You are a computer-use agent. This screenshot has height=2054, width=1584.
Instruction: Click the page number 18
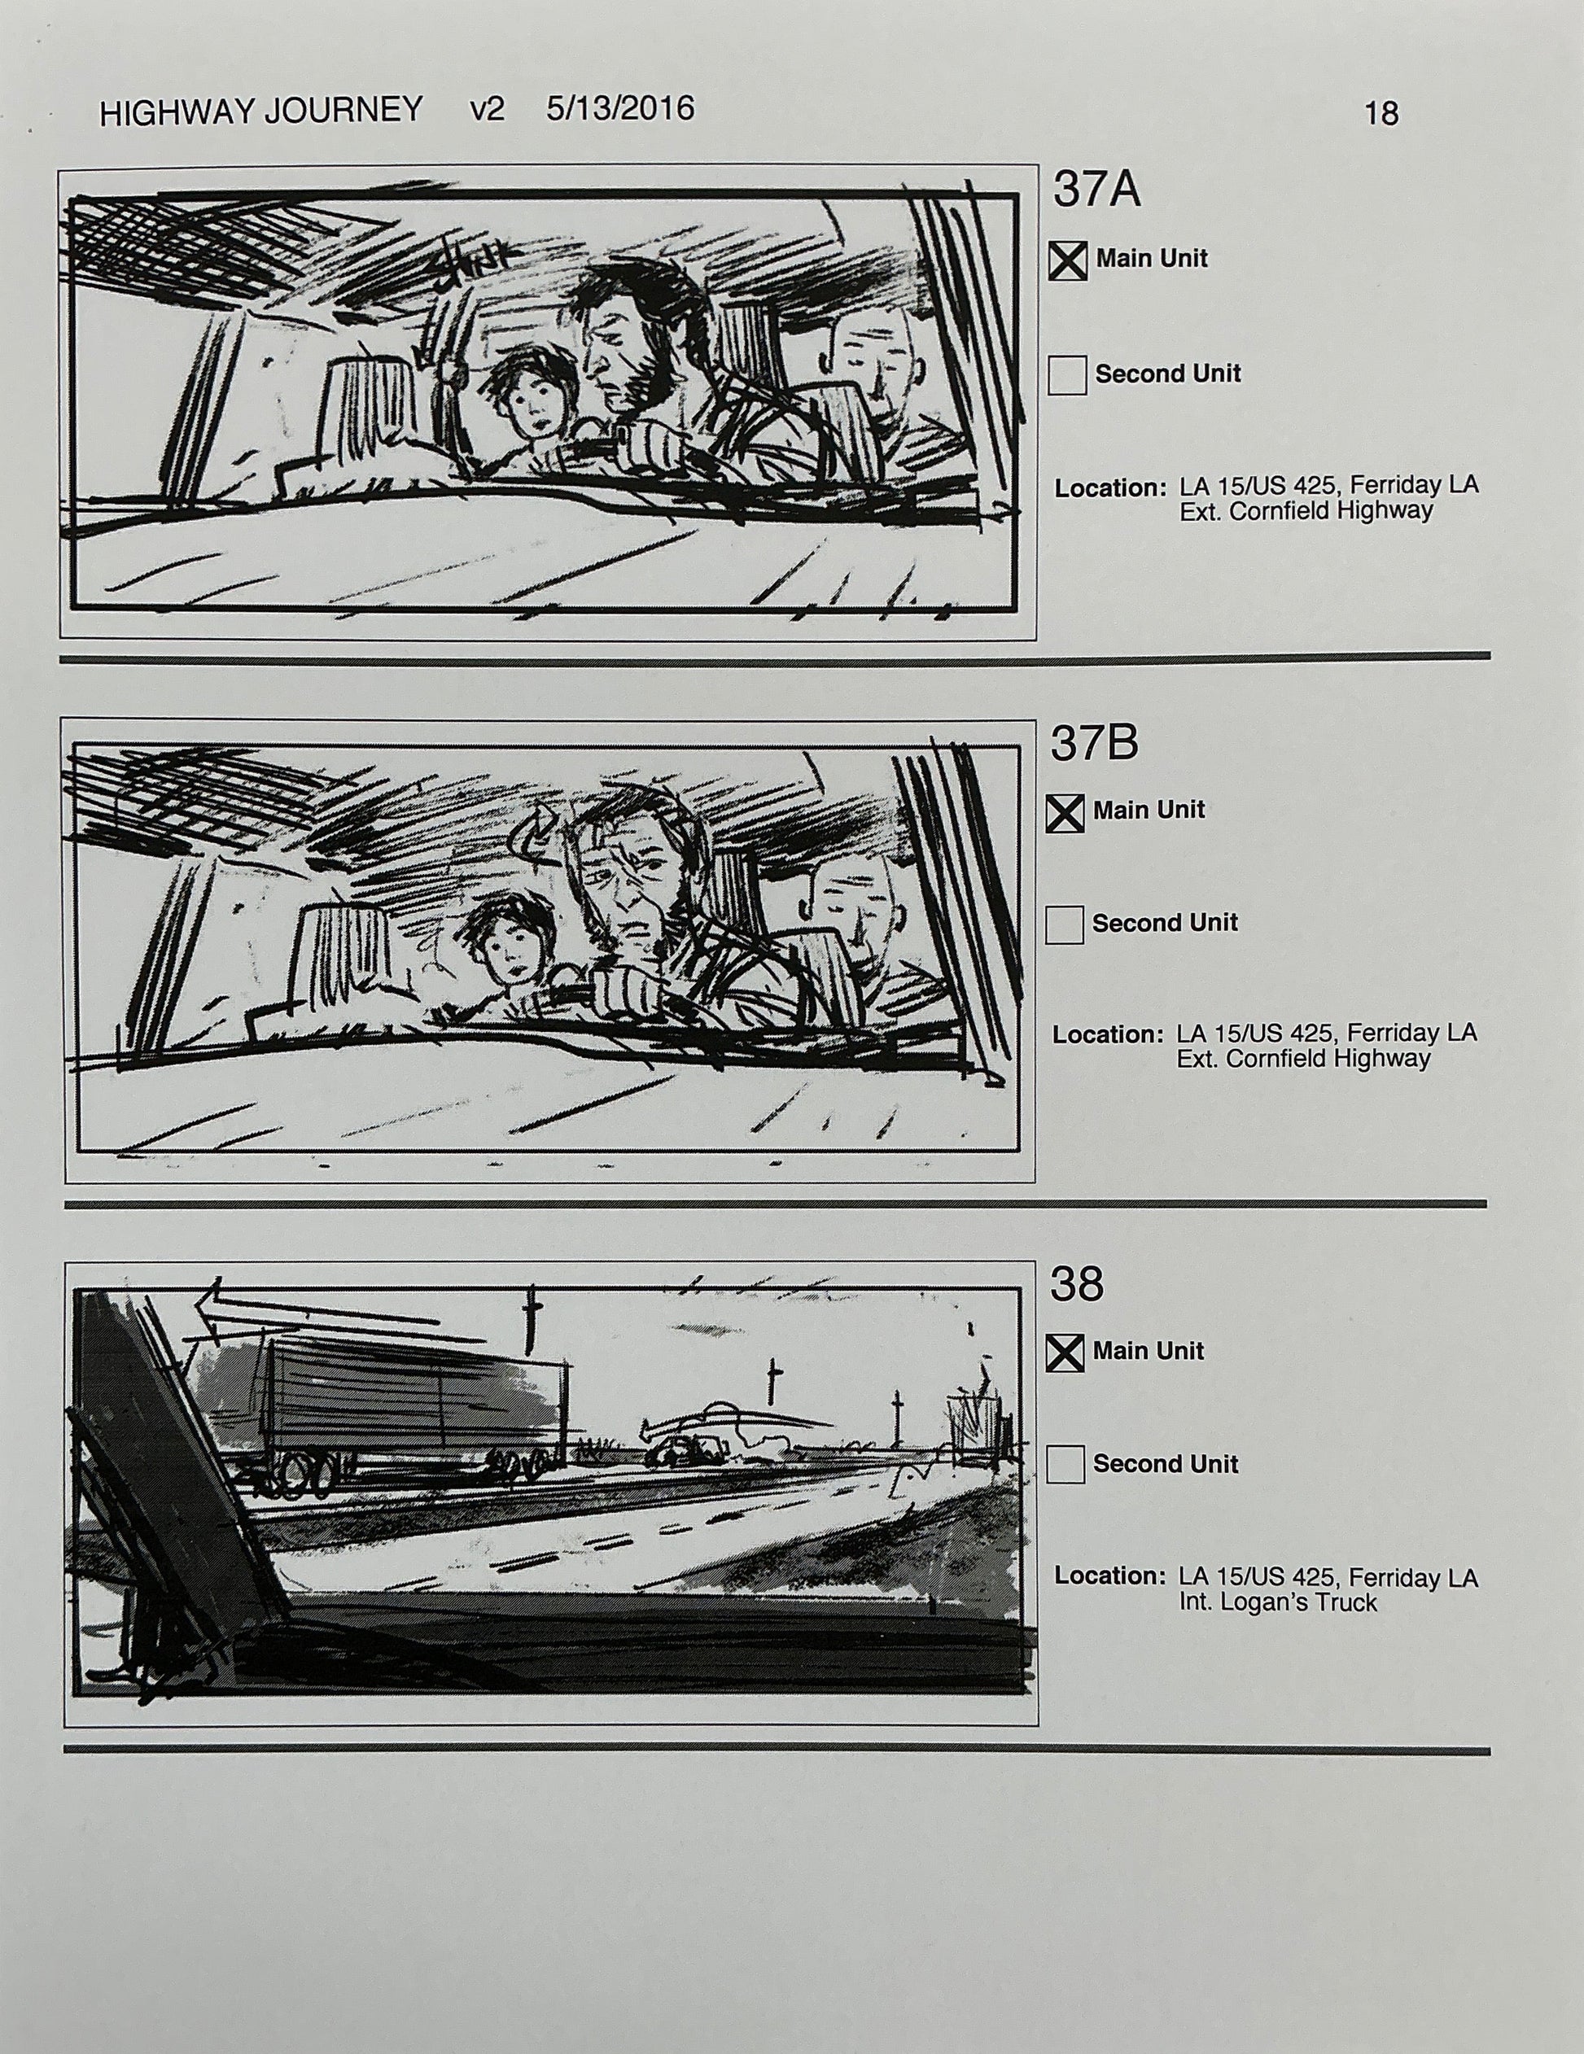pos(1381,114)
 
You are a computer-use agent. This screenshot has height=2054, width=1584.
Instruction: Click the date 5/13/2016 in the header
pos(620,109)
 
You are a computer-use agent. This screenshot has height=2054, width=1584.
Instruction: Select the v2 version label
pos(488,110)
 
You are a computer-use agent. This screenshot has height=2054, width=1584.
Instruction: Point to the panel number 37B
pos(1094,743)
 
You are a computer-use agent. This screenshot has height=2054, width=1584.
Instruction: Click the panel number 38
pos(1076,1285)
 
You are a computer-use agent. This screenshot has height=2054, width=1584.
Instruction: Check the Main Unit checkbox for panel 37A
pos(1068,260)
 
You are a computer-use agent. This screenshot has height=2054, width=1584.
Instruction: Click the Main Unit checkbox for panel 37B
pos(1065,813)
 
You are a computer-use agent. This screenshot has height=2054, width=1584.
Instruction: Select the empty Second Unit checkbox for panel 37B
pos(1064,924)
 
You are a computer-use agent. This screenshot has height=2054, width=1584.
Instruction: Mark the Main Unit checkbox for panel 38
pos(1065,1353)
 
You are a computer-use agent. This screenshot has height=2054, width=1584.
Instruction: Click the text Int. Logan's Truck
pos(1277,1602)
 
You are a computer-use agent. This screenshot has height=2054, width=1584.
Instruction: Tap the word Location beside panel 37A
pos(1110,489)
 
